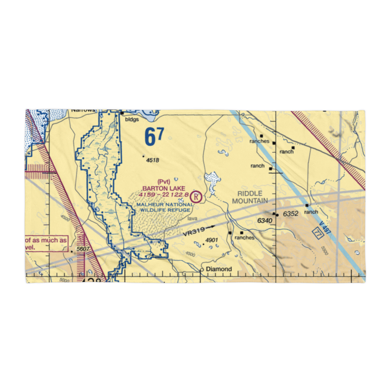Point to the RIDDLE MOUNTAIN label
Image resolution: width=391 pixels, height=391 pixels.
click(250, 197)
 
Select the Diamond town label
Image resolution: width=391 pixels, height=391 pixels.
click(219, 269)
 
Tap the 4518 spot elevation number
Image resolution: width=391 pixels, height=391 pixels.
click(153, 160)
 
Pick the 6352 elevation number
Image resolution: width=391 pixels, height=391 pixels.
click(291, 214)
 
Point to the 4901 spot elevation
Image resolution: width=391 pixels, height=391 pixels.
click(211, 240)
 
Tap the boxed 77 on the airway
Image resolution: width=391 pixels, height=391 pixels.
click(316, 232)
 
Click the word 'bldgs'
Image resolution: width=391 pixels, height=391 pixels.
click(132, 120)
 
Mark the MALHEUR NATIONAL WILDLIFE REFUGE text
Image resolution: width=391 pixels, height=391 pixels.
click(165, 207)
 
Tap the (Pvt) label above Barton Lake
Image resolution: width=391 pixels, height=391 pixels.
click(164, 181)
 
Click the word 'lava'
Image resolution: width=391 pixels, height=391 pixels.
click(192, 219)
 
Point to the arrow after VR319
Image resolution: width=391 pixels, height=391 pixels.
click(210, 226)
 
